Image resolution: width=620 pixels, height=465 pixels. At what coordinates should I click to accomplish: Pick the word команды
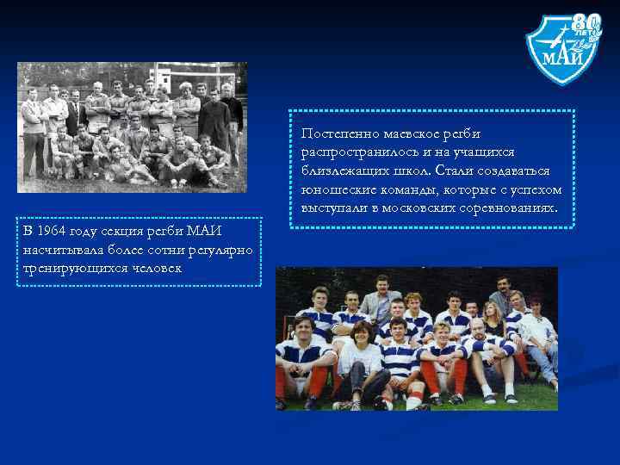click(x=412, y=189)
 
